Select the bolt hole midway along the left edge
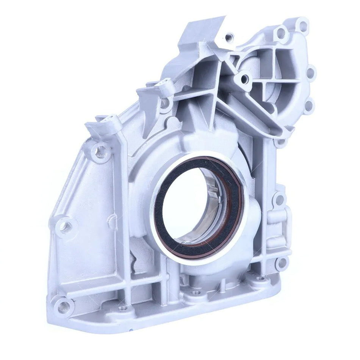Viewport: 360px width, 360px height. point(65,226)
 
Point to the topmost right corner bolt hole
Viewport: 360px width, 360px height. point(302,27)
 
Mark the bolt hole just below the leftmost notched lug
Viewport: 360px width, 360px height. point(100,152)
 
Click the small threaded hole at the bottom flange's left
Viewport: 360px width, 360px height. point(122,308)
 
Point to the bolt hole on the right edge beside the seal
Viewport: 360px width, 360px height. point(279,198)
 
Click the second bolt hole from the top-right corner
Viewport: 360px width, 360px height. point(311,72)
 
